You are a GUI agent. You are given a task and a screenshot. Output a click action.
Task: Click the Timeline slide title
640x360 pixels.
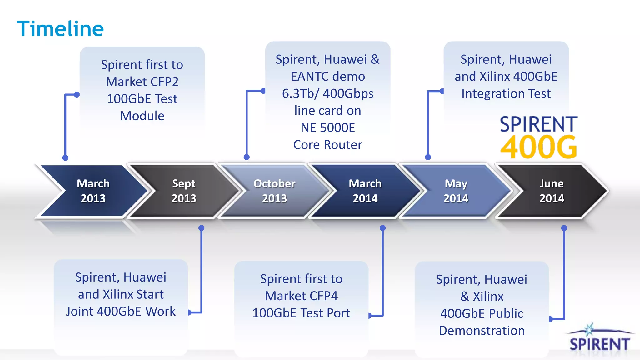[60, 29]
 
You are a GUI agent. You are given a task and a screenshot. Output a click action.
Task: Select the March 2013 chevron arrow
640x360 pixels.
[93, 191]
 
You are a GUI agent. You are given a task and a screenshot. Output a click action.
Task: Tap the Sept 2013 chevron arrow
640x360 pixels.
[184, 191]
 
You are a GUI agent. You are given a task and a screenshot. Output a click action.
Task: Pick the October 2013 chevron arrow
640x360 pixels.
[274, 191]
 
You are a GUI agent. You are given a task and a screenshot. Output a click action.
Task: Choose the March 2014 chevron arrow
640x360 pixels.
[365, 191]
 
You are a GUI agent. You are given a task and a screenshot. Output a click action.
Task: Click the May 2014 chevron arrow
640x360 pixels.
[456, 191]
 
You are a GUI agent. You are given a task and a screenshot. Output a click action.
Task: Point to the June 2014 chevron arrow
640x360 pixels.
[552, 191]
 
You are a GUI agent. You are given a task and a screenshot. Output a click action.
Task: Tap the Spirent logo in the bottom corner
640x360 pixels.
[599, 341]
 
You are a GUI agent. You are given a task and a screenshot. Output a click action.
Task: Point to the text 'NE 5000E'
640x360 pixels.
[327, 128]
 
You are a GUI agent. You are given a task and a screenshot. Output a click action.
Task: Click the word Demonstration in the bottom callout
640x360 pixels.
[482, 331]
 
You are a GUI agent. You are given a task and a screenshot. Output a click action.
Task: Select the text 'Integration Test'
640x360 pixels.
[506, 94]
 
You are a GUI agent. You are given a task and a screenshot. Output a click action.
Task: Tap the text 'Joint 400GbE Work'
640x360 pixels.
[121, 312]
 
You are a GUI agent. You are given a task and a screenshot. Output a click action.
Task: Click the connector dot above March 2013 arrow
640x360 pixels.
[65, 158]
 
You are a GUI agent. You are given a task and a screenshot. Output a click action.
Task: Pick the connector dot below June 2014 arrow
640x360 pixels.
[564, 228]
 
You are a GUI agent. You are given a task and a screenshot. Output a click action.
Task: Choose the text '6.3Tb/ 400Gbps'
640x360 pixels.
[327, 94]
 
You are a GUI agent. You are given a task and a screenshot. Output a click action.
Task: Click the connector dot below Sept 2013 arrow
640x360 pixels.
[202, 228]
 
